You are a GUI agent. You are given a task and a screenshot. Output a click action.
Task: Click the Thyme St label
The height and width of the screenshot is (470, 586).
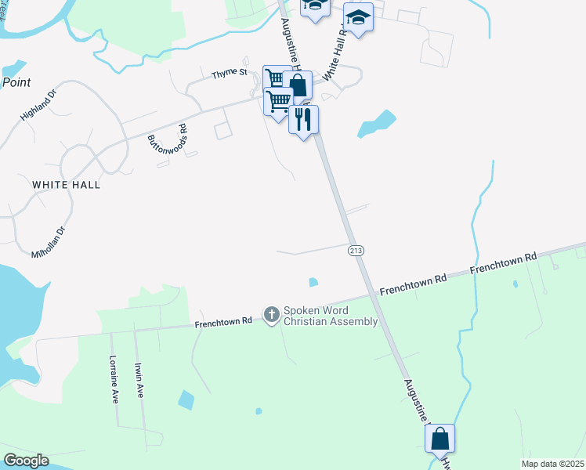231,73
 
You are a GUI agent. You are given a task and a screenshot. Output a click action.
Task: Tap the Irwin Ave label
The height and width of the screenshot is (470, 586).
139,380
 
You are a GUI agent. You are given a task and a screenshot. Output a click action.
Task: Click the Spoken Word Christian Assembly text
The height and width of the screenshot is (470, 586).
331,316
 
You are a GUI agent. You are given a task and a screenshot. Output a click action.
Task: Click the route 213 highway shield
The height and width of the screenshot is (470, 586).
356,249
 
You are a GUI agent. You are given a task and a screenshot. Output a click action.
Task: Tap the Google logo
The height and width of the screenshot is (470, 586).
26,460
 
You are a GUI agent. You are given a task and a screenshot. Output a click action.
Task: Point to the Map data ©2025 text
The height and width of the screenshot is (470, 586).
552,464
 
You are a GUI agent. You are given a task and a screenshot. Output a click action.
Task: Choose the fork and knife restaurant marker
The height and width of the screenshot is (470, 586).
303,120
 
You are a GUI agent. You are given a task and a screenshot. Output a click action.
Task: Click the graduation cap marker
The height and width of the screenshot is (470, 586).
358,17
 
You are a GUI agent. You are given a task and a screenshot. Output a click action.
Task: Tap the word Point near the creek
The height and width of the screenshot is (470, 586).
16,81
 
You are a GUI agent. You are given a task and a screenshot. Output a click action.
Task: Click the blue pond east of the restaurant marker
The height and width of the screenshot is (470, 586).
377,124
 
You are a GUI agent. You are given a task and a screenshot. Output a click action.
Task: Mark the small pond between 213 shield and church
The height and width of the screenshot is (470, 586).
314,282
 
